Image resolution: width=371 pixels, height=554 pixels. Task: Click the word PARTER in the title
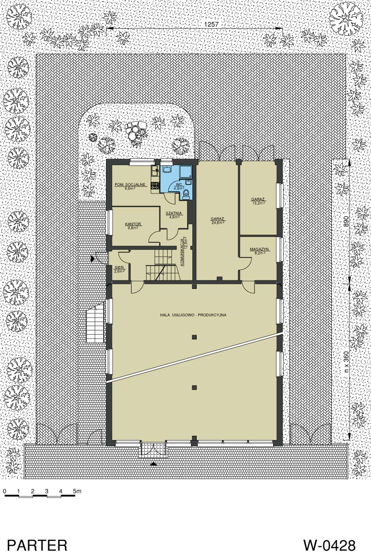(37, 544)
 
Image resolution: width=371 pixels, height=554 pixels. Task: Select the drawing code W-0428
(329, 544)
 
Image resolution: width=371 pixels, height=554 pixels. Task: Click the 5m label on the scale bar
(77, 491)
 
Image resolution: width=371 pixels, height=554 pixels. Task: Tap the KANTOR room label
(133, 224)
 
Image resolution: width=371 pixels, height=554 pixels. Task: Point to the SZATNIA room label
(174, 213)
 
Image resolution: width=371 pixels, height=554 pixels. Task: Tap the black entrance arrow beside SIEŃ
(93, 259)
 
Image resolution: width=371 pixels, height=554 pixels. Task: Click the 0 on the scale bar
(5, 491)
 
